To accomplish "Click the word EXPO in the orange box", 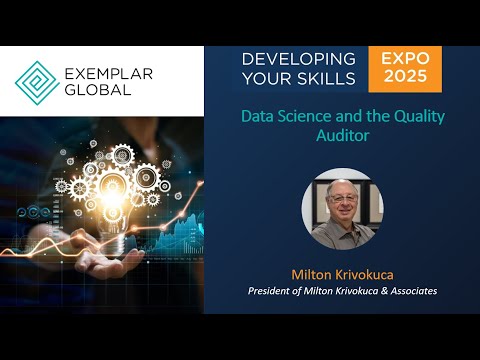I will coord(404,59).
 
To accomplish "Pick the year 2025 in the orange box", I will coord(404,78).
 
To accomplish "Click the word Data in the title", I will coord(258,116).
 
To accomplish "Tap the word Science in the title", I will coord(306,116).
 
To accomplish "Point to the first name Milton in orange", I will coord(312,273).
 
